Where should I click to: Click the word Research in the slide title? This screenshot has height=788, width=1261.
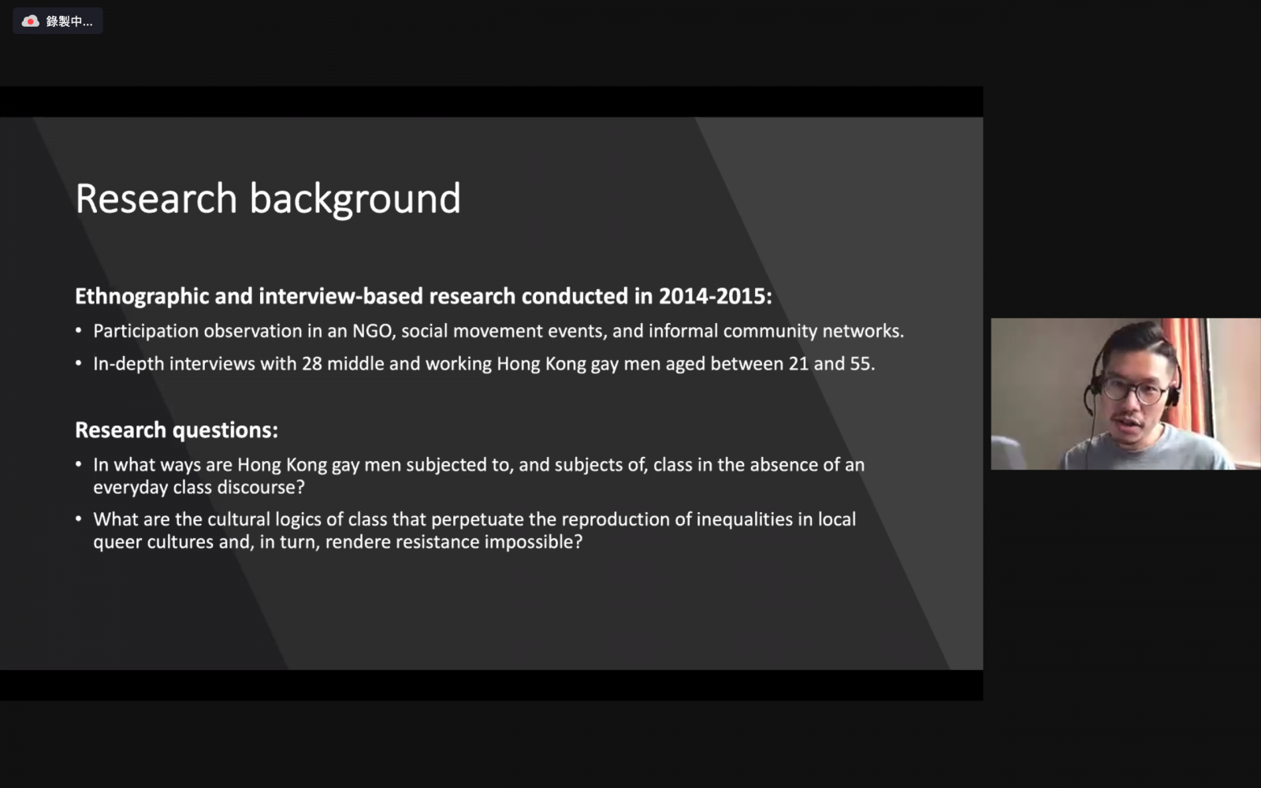tap(156, 199)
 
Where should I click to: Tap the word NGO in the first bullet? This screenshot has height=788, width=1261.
tap(372, 331)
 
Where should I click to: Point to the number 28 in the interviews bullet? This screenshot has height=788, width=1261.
tap(312, 363)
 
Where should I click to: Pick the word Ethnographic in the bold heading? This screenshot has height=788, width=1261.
tap(142, 296)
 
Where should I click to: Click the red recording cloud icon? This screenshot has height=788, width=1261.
tap(31, 21)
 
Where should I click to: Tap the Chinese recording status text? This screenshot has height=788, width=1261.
tap(69, 21)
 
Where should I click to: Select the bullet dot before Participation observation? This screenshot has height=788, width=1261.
tap(79, 331)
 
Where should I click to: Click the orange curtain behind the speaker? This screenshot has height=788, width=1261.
tap(1187, 371)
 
